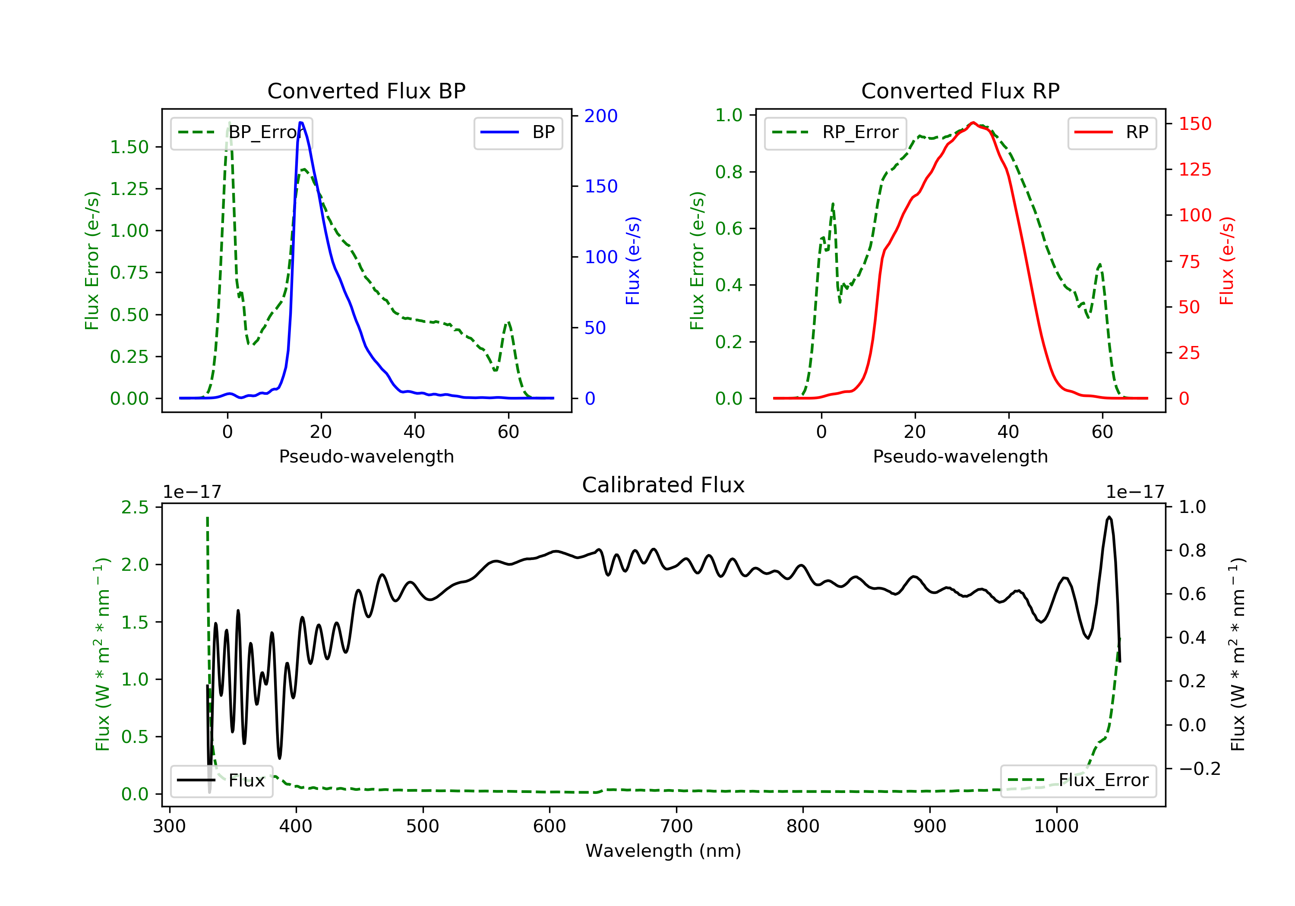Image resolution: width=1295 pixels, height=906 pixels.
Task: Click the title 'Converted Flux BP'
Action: [x=366, y=91]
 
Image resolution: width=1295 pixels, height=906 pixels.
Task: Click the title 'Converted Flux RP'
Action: [x=960, y=91]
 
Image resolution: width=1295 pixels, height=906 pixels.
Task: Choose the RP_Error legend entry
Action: [x=835, y=132]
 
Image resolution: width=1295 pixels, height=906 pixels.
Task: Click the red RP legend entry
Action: [x=1111, y=132]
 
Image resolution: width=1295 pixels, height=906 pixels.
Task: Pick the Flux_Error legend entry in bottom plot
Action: [x=1078, y=780]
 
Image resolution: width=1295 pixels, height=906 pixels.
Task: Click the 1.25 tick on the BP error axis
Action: [x=129, y=189]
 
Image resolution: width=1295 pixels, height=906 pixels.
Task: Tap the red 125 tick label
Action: [x=1194, y=170]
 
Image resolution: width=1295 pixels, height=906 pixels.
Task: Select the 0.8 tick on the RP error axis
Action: [x=729, y=172]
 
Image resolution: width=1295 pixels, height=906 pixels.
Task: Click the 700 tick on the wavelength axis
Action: [x=676, y=827]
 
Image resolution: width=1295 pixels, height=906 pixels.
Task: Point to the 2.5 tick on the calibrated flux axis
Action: [x=135, y=507]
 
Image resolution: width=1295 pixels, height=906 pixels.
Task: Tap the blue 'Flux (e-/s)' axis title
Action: [x=633, y=261]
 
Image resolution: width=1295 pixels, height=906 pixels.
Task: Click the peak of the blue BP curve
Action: [x=301, y=123]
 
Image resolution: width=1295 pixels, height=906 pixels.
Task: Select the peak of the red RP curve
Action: [x=973, y=123]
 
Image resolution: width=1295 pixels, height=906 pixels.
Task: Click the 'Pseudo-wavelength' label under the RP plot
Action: [x=960, y=456]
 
